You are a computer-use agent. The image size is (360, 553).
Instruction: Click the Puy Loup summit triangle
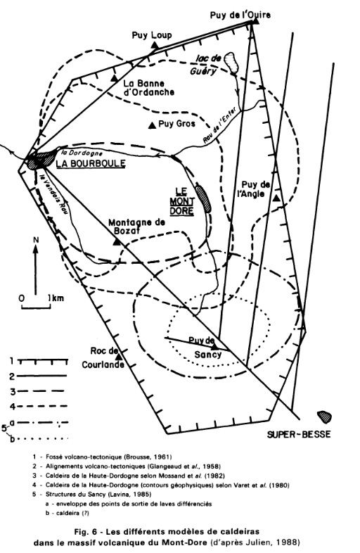pos(154,46)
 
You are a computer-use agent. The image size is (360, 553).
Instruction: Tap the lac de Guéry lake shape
pos(231,63)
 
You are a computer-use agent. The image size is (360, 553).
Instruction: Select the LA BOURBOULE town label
pos(91,163)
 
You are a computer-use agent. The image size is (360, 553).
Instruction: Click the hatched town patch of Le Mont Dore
pos(204,198)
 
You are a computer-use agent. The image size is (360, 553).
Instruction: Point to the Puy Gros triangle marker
pos(152,125)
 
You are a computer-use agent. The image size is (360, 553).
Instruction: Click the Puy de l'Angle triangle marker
pos(277,198)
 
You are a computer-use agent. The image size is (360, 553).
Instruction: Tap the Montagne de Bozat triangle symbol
pos(116,242)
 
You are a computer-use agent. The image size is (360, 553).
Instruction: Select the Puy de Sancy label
pos(205,348)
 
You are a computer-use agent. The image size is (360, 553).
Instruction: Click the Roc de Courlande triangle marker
pos(119,352)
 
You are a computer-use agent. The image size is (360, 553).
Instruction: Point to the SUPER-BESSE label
pos(299,434)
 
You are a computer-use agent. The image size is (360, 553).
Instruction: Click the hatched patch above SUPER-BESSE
pos(324,417)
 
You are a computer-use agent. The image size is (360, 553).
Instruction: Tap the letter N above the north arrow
pos(36,240)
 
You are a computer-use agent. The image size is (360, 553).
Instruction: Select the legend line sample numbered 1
pos(42,361)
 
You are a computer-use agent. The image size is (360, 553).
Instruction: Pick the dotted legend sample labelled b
pos(42,439)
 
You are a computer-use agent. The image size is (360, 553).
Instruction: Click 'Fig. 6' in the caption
pos(86,531)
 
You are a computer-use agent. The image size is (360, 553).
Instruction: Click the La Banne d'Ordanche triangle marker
pos(114,78)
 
